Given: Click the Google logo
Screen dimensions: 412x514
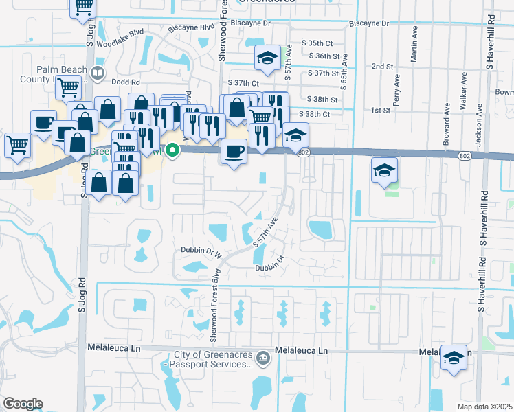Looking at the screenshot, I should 22,404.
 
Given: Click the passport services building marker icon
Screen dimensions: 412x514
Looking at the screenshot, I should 262,357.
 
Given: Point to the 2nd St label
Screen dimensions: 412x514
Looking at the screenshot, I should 381,67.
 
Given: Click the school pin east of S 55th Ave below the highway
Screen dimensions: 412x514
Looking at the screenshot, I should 384,170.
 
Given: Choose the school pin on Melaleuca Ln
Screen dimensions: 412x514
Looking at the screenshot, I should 454,357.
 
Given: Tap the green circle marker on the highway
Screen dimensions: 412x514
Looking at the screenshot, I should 174,148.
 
